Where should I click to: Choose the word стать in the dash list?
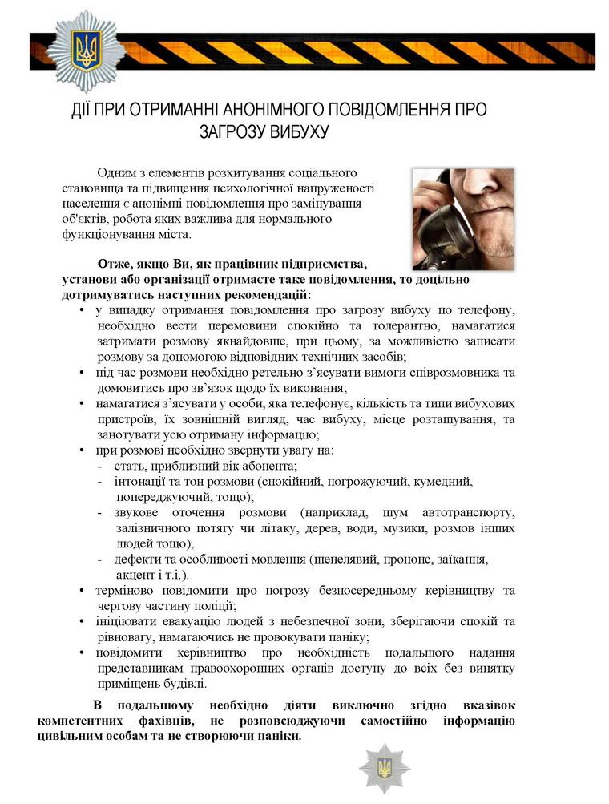click(131, 466)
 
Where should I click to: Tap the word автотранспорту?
click(468, 513)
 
